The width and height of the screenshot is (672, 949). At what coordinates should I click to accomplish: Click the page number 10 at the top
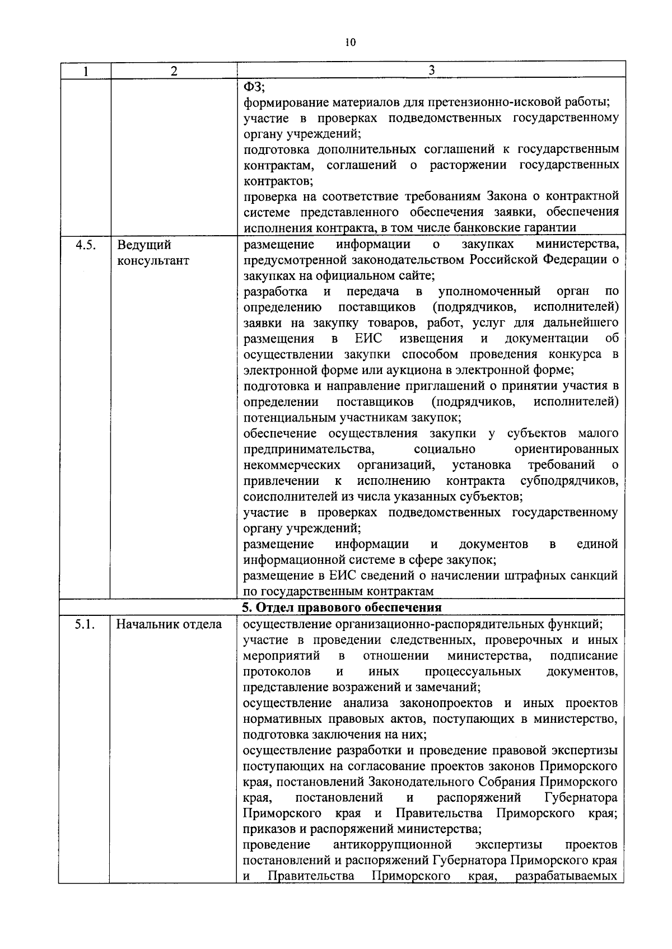pyautogui.click(x=351, y=42)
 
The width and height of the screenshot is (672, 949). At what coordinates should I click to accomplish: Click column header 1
pyautogui.click(x=85, y=71)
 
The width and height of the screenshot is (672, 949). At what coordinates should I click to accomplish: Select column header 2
pyautogui.click(x=174, y=71)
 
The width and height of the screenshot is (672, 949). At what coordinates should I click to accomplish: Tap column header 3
pyautogui.click(x=431, y=70)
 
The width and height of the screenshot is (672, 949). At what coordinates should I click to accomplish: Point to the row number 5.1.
pyautogui.click(x=85, y=624)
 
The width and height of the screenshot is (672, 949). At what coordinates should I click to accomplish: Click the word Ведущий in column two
pyautogui.click(x=144, y=245)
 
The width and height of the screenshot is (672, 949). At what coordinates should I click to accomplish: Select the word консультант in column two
pyautogui.click(x=153, y=261)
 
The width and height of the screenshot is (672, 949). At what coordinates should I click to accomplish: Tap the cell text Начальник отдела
pyautogui.click(x=169, y=624)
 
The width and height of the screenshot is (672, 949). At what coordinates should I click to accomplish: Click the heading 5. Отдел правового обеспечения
pyautogui.click(x=342, y=608)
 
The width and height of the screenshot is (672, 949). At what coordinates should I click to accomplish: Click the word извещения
pyautogui.click(x=431, y=339)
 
